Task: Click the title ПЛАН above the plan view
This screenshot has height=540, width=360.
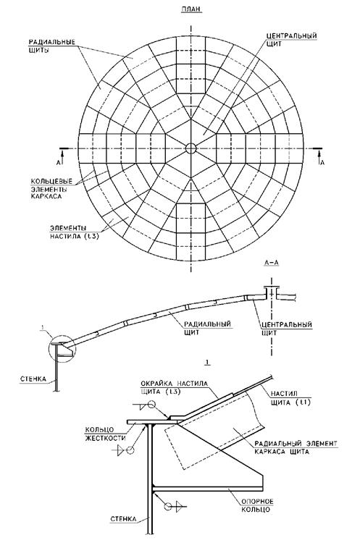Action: (x=191, y=9)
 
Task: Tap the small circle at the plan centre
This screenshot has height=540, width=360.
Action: (x=191, y=148)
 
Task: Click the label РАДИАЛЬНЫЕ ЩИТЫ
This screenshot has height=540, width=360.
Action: (x=51, y=46)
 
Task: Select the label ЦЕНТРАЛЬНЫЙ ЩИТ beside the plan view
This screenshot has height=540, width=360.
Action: (x=292, y=40)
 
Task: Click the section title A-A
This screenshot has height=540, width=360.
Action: (x=272, y=263)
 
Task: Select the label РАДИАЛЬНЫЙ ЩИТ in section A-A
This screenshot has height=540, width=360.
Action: (x=207, y=328)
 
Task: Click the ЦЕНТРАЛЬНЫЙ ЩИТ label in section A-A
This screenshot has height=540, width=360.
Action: (x=287, y=329)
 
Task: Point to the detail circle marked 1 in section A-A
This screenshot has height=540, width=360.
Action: (x=63, y=348)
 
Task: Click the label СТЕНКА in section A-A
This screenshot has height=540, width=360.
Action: (x=33, y=379)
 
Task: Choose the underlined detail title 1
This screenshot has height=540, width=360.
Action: (x=207, y=363)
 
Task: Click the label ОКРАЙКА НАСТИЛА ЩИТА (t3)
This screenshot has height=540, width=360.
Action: (x=175, y=387)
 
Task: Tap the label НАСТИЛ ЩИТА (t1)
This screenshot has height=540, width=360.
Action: (x=290, y=398)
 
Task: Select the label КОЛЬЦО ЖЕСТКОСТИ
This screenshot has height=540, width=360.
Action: (x=106, y=434)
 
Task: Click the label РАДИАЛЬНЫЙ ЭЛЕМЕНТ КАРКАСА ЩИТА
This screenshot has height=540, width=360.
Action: (x=296, y=447)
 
